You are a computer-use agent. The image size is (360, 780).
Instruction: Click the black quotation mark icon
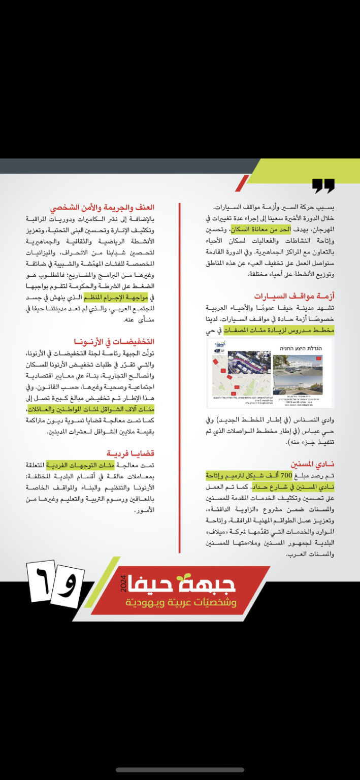point(323,186)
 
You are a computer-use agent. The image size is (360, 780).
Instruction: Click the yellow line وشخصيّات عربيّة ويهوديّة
point(181,603)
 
